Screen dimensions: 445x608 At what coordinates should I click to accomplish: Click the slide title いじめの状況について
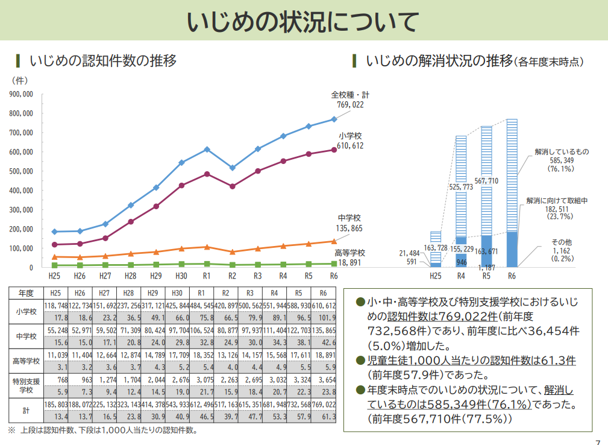303,22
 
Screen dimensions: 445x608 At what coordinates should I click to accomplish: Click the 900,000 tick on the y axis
21,94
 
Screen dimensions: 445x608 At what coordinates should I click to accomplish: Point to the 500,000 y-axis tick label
21,171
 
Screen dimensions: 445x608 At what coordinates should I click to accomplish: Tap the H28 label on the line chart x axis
130,276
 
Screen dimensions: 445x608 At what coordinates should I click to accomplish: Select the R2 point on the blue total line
232,168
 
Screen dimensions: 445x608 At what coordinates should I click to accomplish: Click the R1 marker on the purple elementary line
207,174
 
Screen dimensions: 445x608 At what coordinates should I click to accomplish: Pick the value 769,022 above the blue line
350,104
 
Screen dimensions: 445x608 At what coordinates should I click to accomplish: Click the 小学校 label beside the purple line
350,136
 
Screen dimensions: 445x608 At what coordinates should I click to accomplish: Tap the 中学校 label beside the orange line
349,218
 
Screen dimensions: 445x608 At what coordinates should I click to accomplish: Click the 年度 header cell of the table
26,292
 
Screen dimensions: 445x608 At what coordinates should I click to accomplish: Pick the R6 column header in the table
324,292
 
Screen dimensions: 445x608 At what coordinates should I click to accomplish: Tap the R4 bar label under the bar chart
461,276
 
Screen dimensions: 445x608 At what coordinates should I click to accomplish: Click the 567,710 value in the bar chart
486,180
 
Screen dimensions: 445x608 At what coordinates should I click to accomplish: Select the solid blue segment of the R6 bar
512,248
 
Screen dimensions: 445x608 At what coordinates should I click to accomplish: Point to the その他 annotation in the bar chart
561,242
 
